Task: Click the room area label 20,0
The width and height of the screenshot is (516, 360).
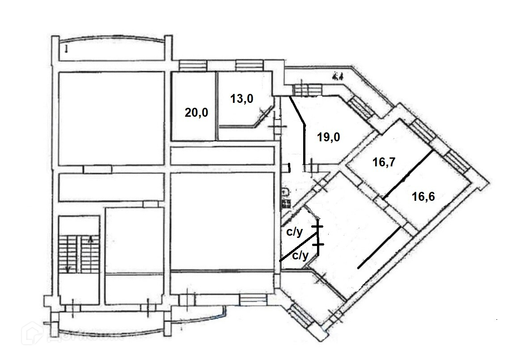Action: click(197, 112)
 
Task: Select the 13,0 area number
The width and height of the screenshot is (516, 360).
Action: click(242, 98)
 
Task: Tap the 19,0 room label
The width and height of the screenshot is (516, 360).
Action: click(329, 137)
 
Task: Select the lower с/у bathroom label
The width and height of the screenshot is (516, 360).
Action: click(300, 256)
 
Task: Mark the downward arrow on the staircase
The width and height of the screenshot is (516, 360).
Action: click(68, 268)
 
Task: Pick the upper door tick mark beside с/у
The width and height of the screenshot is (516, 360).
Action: click(318, 227)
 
